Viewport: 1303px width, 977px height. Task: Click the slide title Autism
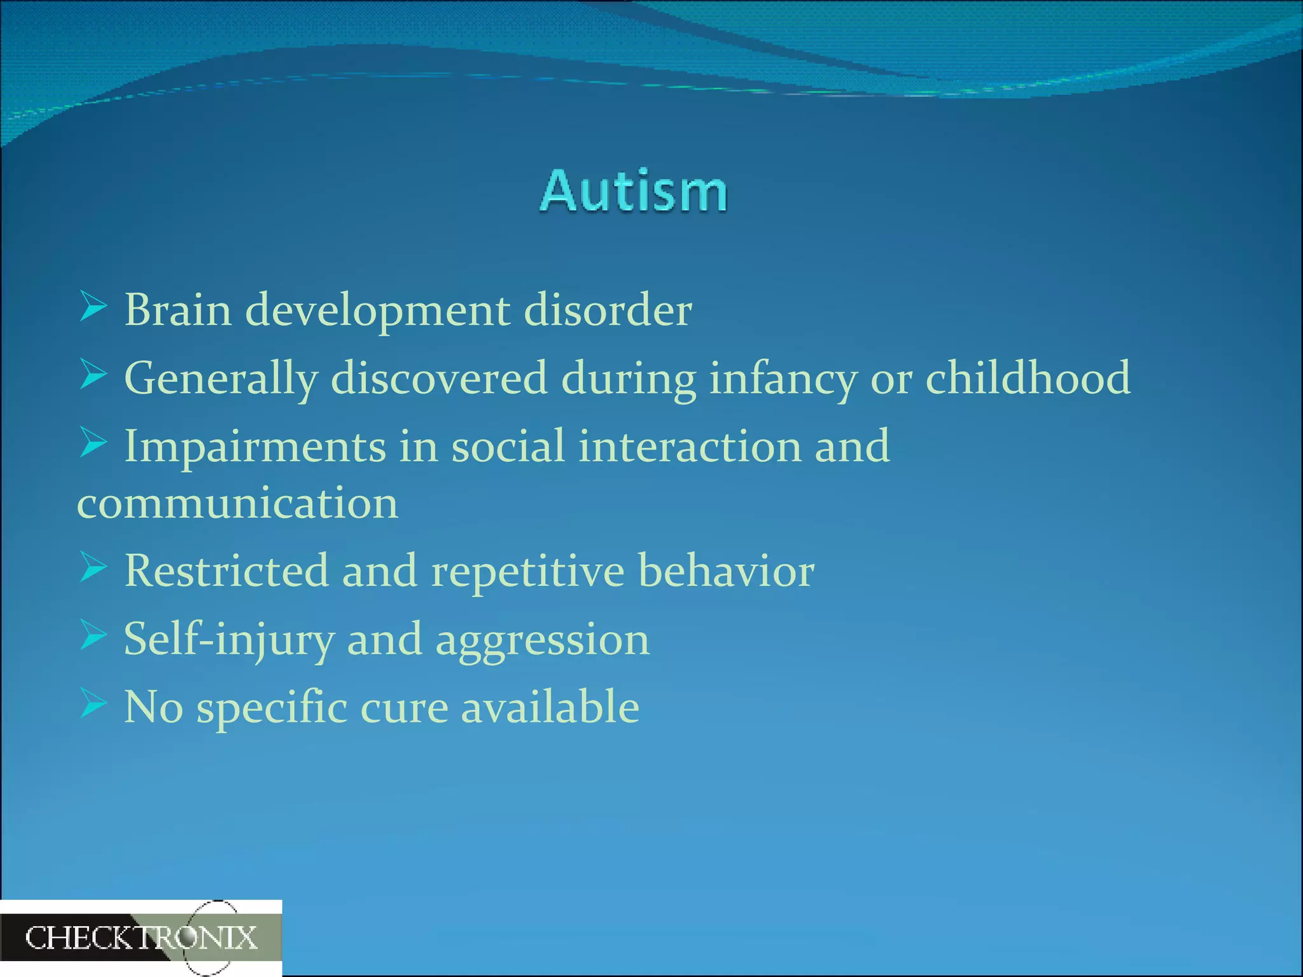(x=634, y=191)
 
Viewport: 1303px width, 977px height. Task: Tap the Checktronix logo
(x=141, y=938)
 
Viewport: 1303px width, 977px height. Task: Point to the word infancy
(x=783, y=378)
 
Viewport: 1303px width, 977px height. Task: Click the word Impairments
(x=254, y=447)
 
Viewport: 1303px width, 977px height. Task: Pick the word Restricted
(x=226, y=571)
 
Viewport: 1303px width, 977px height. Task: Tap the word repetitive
(x=527, y=571)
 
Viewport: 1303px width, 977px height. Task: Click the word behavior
(x=726, y=571)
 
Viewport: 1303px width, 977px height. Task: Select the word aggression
(x=542, y=640)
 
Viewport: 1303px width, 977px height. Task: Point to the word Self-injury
(x=229, y=640)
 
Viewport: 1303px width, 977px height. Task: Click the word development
(x=377, y=311)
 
